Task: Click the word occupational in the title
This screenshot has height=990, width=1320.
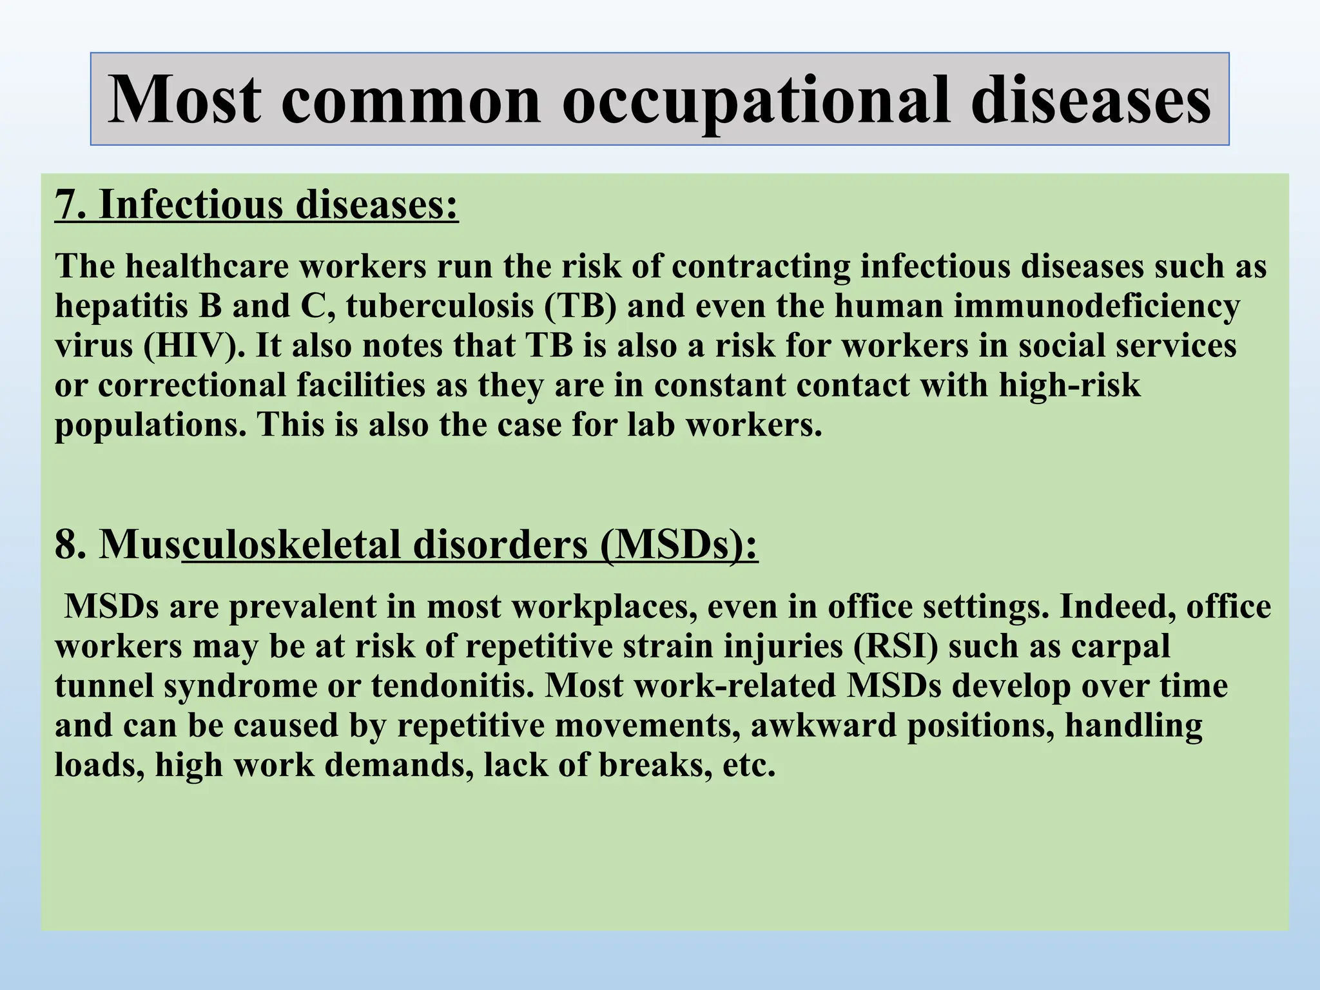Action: [x=756, y=100]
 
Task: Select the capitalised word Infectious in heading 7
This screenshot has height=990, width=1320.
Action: [x=191, y=204]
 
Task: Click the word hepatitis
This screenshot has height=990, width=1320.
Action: [x=121, y=306]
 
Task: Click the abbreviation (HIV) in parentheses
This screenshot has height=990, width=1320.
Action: [x=194, y=346]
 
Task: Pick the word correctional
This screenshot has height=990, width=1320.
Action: [x=191, y=385]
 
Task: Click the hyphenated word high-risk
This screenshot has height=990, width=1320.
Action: [x=1069, y=385]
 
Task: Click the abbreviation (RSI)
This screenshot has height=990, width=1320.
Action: [x=896, y=646]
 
